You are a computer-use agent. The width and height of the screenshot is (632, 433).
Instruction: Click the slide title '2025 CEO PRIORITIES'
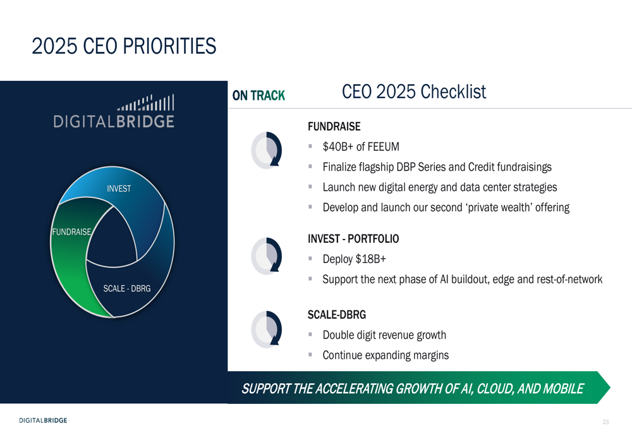coord(124,46)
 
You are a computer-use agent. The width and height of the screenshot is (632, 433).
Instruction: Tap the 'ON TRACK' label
coord(258,95)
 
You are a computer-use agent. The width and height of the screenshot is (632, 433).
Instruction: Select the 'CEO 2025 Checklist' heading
coord(414,92)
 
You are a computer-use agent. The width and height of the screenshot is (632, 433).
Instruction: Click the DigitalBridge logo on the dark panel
coord(114,111)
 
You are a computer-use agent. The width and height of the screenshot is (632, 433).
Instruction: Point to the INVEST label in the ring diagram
coord(119,188)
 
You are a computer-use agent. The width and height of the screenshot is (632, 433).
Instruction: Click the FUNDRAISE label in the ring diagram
coord(72,232)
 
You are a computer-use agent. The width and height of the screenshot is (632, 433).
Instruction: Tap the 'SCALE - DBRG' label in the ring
coord(127,289)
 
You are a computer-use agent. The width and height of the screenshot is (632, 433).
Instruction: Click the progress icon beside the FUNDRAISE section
coord(267,150)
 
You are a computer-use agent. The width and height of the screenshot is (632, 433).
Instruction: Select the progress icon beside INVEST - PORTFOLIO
coord(267,256)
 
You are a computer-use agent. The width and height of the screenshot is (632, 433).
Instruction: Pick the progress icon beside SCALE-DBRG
coord(267,329)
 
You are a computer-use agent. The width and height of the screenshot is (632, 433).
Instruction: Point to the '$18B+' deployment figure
coord(370,259)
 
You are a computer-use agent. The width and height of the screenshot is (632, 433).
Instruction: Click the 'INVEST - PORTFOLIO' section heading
coord(353,239)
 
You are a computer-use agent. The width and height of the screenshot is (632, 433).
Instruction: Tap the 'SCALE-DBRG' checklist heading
coord(337,314)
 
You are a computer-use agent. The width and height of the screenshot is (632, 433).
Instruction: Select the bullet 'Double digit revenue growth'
coord(384,335)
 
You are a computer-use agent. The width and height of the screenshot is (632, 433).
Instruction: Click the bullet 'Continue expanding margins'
coord(386,355)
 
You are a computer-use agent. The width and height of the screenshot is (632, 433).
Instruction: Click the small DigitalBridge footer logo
coord(43,420)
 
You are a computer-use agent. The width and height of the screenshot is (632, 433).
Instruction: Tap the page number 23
coord(605,422)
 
